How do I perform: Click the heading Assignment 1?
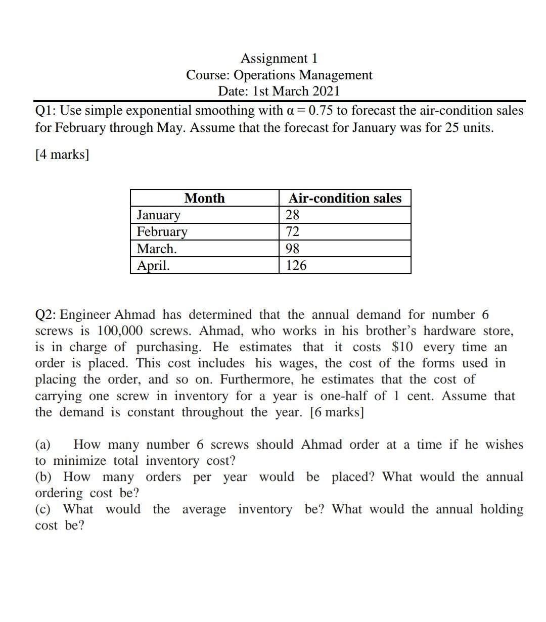pos(279,58)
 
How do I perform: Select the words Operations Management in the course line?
pos(303,75)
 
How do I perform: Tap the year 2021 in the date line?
pos(326,91)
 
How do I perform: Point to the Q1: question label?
pos(45,111)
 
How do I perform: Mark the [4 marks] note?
pos(62,154)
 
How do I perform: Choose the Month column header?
pos(204,198)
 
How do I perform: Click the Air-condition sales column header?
pos(345,198)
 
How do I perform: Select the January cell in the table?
pos(158,215)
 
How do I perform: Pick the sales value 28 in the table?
pos(292,215)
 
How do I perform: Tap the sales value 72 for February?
pos(292,231)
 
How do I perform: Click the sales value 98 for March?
pos(292,249)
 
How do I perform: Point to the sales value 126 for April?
pos(296,265)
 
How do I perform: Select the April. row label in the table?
pos(153,265)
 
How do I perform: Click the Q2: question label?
pos(45,315)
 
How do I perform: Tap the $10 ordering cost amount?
pos(402,347)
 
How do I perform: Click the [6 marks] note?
pos(337,412)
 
